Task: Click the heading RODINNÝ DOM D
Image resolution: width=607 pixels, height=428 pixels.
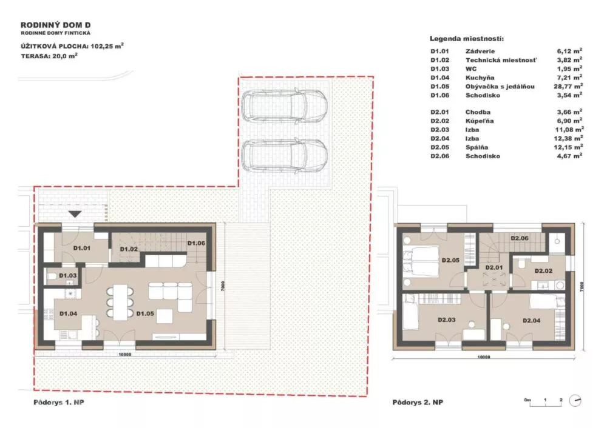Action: coord(56,25)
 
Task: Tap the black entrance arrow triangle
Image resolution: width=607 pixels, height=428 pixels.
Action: coord(75,213)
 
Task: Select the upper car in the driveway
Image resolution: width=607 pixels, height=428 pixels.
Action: coord(284,105)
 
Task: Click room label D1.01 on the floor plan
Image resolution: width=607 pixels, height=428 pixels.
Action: coord(82,248)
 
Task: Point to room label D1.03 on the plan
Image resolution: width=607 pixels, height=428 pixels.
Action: coord(68,276)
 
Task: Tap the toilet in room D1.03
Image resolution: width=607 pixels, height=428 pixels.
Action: coord(52,276)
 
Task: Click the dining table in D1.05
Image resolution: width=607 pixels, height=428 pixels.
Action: coord(120,303)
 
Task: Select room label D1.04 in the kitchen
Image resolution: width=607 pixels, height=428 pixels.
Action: coord(68,313)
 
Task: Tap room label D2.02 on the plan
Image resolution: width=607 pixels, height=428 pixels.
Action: coord(543,270)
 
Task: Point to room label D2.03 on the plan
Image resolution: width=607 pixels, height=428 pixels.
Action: coord(446,319)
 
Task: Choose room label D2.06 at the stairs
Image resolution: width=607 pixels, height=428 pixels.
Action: coord(520,238)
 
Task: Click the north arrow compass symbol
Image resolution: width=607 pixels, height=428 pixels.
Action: coord(575,401)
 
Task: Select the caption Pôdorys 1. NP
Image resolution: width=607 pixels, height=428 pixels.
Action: coord(59,402)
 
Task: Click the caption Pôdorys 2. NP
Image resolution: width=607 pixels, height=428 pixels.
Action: coord(418,402)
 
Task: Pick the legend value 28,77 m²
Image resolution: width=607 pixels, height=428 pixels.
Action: coord(568,86)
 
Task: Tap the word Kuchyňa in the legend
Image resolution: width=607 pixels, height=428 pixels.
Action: coord(480,78)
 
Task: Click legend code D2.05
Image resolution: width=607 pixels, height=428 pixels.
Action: coord(439,147)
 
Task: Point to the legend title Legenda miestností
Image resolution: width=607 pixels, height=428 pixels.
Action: coord(467,39)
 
